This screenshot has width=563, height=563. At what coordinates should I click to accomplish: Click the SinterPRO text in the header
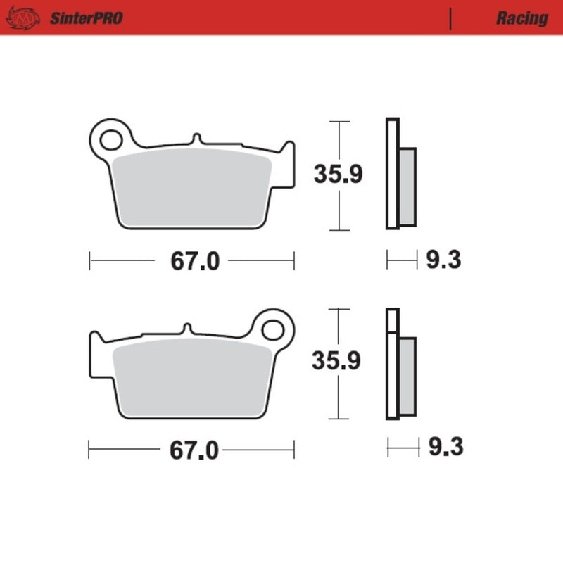pos(86,18)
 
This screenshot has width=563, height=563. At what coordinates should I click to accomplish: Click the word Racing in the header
pos(521,18)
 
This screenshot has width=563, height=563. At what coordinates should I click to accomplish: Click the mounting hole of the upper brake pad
pos(110,139)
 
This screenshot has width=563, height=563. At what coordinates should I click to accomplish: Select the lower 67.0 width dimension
pos(194,450)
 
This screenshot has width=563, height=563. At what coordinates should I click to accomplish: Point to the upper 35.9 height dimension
pos(339,174)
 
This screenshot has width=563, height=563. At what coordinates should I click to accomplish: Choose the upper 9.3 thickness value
pos(443,261)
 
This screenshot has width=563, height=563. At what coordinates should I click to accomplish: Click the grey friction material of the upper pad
pos(194,184)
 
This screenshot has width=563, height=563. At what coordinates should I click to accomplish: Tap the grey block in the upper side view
pos(407,186)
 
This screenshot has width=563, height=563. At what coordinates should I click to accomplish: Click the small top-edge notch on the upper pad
pos(196,139)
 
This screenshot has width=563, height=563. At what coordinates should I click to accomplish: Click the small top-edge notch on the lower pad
pos(186,328)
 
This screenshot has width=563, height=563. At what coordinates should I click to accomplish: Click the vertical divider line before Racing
pos(450,18)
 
